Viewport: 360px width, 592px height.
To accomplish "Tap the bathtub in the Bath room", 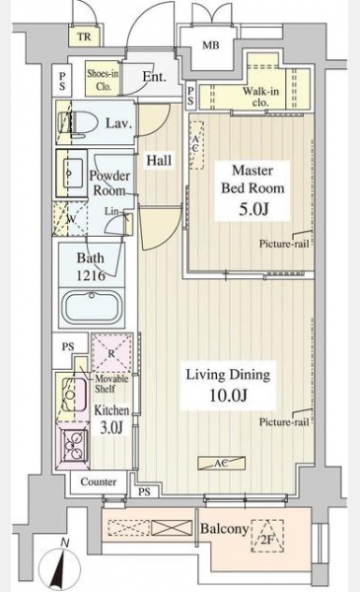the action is click(x=92, y=307).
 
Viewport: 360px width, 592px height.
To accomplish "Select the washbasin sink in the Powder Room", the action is click(x=73, y=173).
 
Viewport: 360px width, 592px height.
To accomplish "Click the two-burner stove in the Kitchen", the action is click(x=74, y=445).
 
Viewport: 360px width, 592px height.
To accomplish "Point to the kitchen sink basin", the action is click(x=74, y=394).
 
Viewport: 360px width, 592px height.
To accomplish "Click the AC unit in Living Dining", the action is click(x=222, y=463).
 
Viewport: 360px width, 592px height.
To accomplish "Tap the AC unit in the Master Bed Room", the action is click(x=196, y=145).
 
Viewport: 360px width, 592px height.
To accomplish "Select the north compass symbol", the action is click(x=61, y=565).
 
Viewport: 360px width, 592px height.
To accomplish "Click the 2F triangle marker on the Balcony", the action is click(x=267, y=536).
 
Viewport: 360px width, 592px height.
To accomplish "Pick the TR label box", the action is click(x=84, y=37).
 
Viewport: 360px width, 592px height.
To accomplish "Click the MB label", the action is click(x=210, y=45).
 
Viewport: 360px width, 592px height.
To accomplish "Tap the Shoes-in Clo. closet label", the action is click(x=103, y=79).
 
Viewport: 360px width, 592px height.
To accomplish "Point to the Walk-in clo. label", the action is click(x=260, y=97).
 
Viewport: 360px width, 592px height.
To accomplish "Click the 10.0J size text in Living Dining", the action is click(x=228, y=396).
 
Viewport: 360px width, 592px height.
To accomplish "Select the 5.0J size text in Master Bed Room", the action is click(x=253, y=209).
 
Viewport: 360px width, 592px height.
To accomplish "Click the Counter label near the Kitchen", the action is click(x=98, y=481).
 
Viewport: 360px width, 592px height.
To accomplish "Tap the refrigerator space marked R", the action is click(x=111, y=352).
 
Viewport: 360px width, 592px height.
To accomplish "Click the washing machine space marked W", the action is click(x=70, y=219).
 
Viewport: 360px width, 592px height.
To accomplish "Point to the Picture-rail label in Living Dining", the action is click(x=284, y=421).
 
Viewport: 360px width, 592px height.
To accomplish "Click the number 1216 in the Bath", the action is click(x=91, y=275).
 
